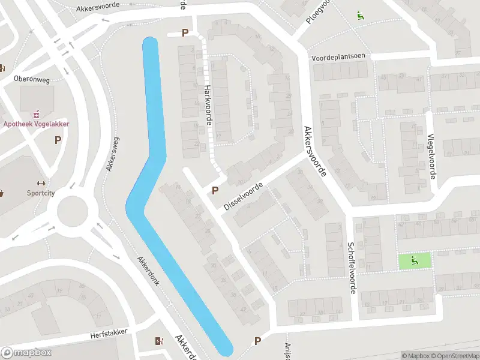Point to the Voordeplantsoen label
pyautogui.click(x=338, y=56)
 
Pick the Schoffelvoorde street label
pyautogui.click(x=352, y=268)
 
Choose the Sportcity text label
pyautogui.click(x=41, y=193)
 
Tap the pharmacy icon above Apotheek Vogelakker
pyautogui.click(x=37, y=113)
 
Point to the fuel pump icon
pyautogui.click(x=158, y=341)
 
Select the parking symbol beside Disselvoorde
pyautogui.click(x=215, y=191)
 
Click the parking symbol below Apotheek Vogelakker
pyautogui.click(x=58, y=140)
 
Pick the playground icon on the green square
pyautogui.click(x=415, y=260)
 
